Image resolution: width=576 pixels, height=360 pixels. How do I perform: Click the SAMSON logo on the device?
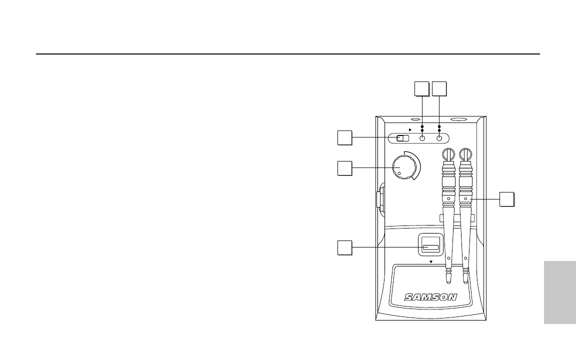(430, 296)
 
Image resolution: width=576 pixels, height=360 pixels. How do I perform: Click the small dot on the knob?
(399, 174)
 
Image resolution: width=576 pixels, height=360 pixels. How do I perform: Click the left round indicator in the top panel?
(422, 139)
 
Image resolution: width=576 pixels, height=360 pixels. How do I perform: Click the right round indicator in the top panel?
(439, 139)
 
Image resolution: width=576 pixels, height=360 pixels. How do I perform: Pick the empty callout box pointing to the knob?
(344, 168)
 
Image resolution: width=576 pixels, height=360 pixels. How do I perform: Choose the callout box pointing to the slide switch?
(344, 137)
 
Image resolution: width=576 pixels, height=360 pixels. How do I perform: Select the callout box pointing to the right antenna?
(507, 199)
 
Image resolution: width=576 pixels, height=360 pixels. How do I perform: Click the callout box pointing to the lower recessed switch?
(344, 247)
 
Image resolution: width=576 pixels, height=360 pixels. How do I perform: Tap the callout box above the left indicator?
(422, 88)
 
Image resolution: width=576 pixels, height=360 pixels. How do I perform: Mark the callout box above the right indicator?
(439, 88)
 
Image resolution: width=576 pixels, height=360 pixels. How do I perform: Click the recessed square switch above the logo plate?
(430, 247)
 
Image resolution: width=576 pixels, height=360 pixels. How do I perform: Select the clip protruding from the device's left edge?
(378, 197)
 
